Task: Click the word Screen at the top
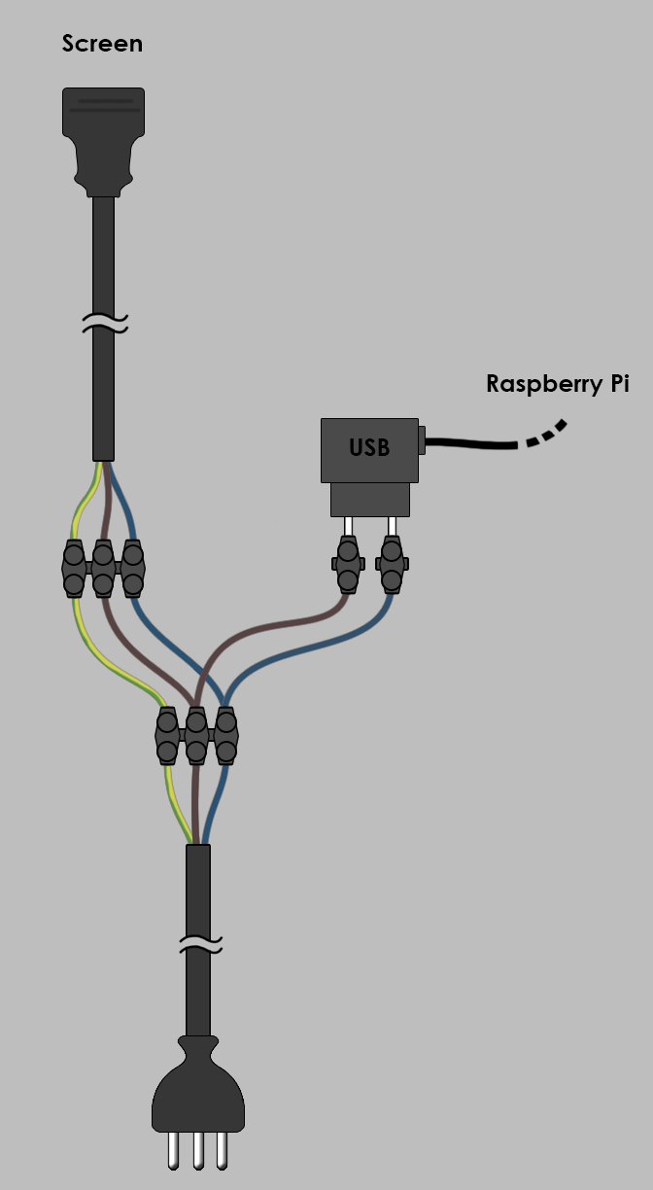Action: point(102,44)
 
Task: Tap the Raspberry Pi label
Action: point(558,384)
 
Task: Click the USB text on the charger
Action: point(369,448)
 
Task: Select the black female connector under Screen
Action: point(104,142)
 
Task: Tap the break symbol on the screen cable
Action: point(105,323)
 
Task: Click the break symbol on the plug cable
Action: point(200,944)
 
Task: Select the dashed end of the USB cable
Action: point(547,434)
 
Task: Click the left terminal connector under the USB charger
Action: point(348,564)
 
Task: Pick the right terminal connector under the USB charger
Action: point(392,564)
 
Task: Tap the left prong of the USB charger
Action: point(348,527)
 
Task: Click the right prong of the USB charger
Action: point(392,527)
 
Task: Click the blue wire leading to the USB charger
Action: point(297,647)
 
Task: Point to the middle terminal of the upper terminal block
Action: point(103,569)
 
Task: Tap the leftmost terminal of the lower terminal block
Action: point(167,736)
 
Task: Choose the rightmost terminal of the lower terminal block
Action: point(226,736)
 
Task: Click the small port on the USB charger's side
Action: point(422,439)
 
